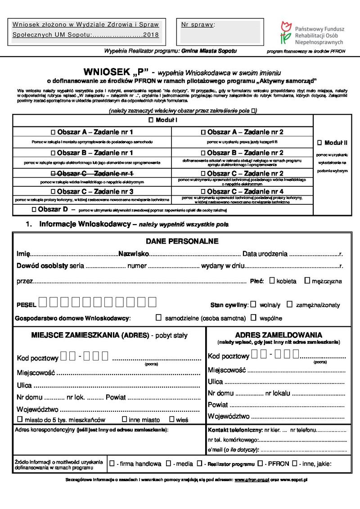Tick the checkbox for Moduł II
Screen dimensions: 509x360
pyautogui.click(x=320, y=143)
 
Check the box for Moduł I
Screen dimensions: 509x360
pyautogui.click(x=151, y=121)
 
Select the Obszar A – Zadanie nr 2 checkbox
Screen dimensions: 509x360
pyautogui.click(x=203, y=132)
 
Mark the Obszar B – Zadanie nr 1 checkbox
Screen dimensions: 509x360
pyautogui.click(x=53, y=153)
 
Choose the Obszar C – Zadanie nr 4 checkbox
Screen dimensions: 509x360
pyautogui.click(x=203, y=191)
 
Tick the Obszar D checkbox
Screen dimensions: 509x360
pyautogui.click(x=35, y=210)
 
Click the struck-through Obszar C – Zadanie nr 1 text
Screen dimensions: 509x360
pyautogui.click(x=92, y=173)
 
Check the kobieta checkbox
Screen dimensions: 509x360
pyautogui.click(x=272, y=280)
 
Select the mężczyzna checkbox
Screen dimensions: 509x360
pyautogui.click(x=307, y=280)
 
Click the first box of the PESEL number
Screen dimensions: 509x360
pyautogui.click(x=42, y=302)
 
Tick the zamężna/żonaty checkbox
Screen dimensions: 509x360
pyautogui.click(x=290, y=304)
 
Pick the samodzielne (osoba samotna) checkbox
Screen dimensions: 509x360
pyautogui.click(x=158, y=317)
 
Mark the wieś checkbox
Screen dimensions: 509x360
pyautogui.click(x=171, y=419)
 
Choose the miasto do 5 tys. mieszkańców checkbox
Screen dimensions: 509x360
pyautogui.click(x=20, y=419)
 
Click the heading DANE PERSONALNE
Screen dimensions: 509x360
pyautogui.click(x=182, y=241)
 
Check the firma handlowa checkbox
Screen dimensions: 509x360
pyautogui.click(x=112, y=463)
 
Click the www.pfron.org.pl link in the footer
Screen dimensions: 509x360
pyautogui.click(x=252, y=480)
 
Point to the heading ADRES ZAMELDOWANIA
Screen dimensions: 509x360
pyautogui.click(x=278, y=335)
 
